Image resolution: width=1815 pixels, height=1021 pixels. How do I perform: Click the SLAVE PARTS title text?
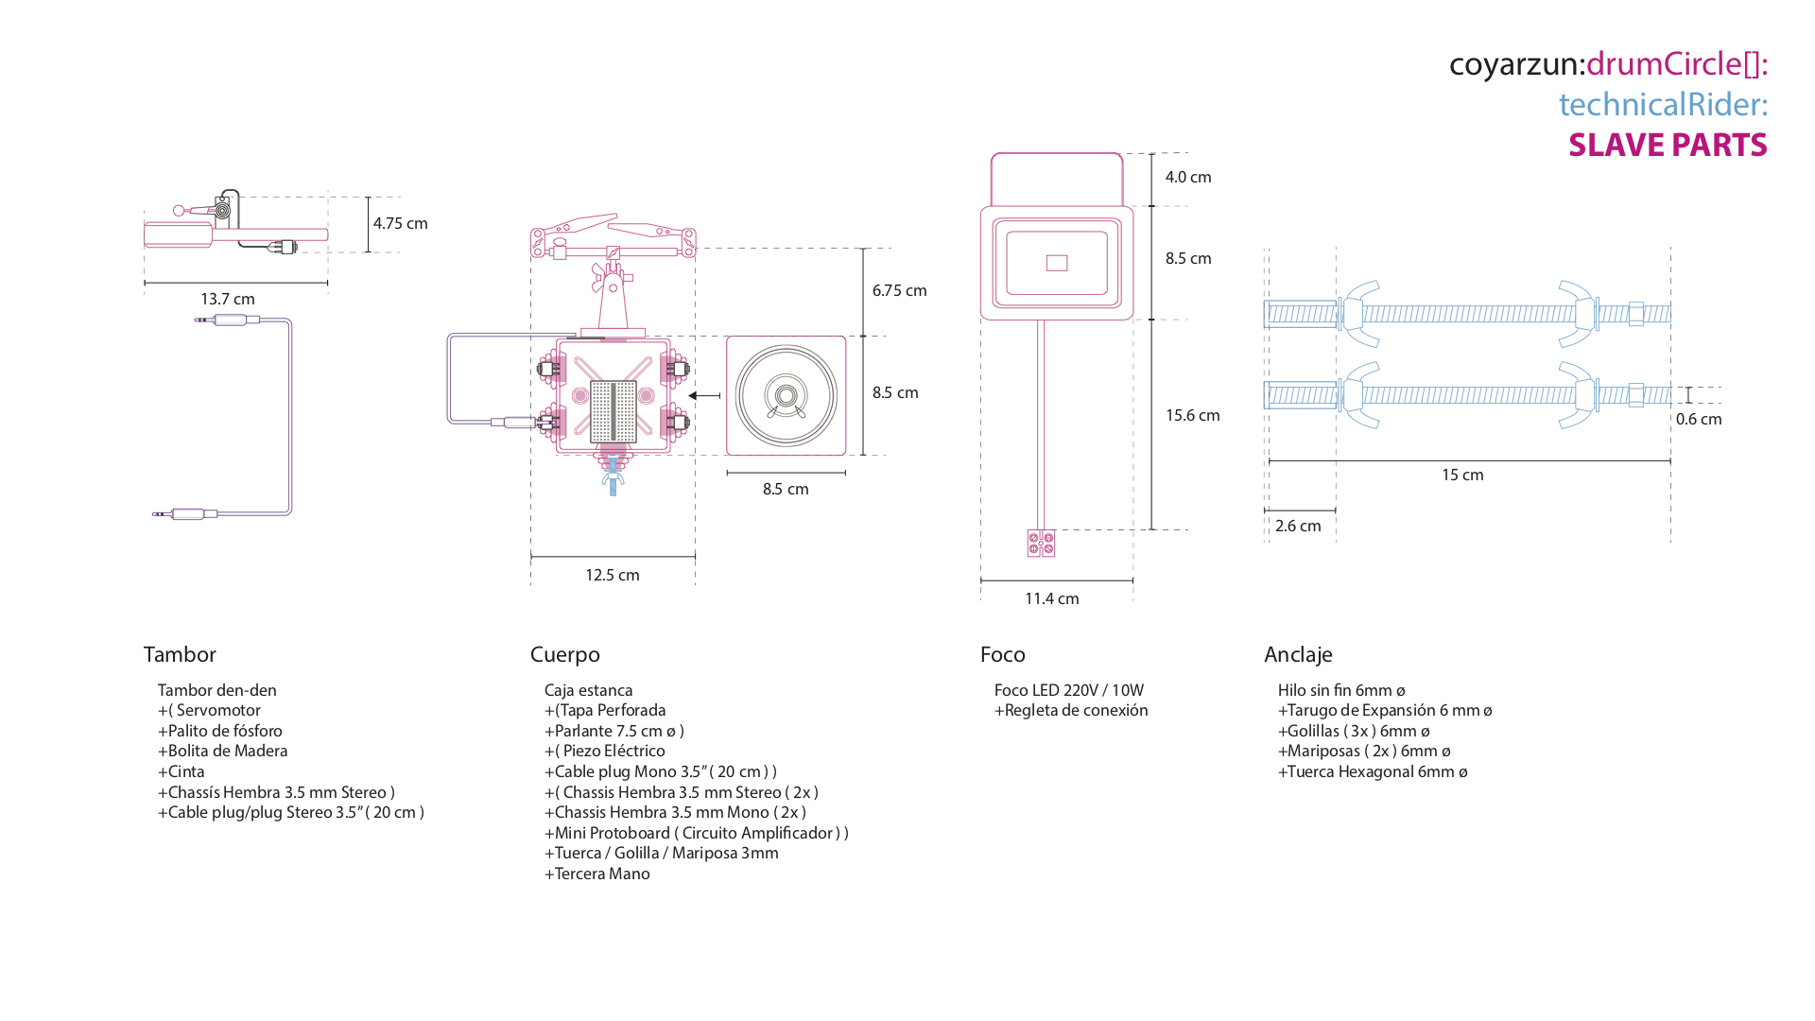pos(1668,145)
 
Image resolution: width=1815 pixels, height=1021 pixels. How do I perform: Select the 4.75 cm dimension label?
pos(400,223)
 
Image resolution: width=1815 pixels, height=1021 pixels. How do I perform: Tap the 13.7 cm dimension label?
pos(228,299)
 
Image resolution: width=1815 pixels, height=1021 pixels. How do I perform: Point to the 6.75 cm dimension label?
pos(899,290)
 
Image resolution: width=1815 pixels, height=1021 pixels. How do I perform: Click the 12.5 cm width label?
pos(613,575)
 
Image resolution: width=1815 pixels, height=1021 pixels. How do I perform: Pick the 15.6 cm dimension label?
pos(1192,415)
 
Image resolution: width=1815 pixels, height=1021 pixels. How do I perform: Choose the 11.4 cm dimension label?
pos(1052,598)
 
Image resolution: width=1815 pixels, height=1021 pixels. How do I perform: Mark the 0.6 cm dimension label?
pos(1699,419)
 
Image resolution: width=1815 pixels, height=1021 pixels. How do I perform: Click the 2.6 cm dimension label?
pos(1298,526)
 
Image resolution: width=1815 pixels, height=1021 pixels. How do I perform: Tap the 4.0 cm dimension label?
pos(1188,177)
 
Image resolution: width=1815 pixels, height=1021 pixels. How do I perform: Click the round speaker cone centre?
pos(786,395)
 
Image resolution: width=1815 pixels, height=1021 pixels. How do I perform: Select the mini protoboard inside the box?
pos(613,411)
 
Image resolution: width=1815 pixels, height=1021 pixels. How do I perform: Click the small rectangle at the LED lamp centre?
pos(1057,263)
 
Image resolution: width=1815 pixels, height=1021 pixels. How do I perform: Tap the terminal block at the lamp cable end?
pos(1041,544)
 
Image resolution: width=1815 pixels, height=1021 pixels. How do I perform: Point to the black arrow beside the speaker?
pos(704,395)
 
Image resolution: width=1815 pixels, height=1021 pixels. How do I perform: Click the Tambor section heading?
pos(180,654)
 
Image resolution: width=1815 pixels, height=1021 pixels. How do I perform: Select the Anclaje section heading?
pos(1298,654)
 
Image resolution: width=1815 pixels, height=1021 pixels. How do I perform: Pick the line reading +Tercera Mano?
pos(597,874)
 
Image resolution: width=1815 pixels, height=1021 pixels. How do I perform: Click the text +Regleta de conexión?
pos(1071,710)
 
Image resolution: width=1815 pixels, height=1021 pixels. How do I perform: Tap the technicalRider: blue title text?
pos(1663,104)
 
